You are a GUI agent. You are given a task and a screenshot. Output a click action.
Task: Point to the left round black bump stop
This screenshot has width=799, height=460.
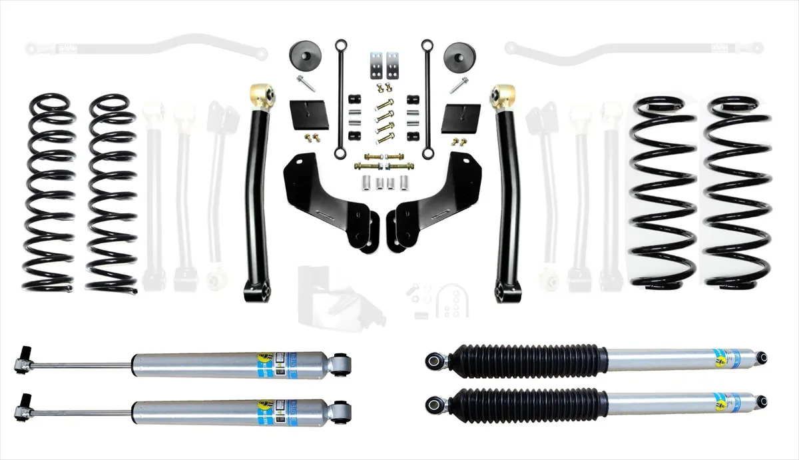tap(304, 55)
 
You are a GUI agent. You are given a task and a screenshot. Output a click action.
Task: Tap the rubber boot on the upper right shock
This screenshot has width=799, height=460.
tap(526, 361)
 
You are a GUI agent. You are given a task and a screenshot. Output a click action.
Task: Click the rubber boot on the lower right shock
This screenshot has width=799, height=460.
tap(526, 403)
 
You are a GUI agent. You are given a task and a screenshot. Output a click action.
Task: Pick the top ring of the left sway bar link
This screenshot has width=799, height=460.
tap(340, 45)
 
